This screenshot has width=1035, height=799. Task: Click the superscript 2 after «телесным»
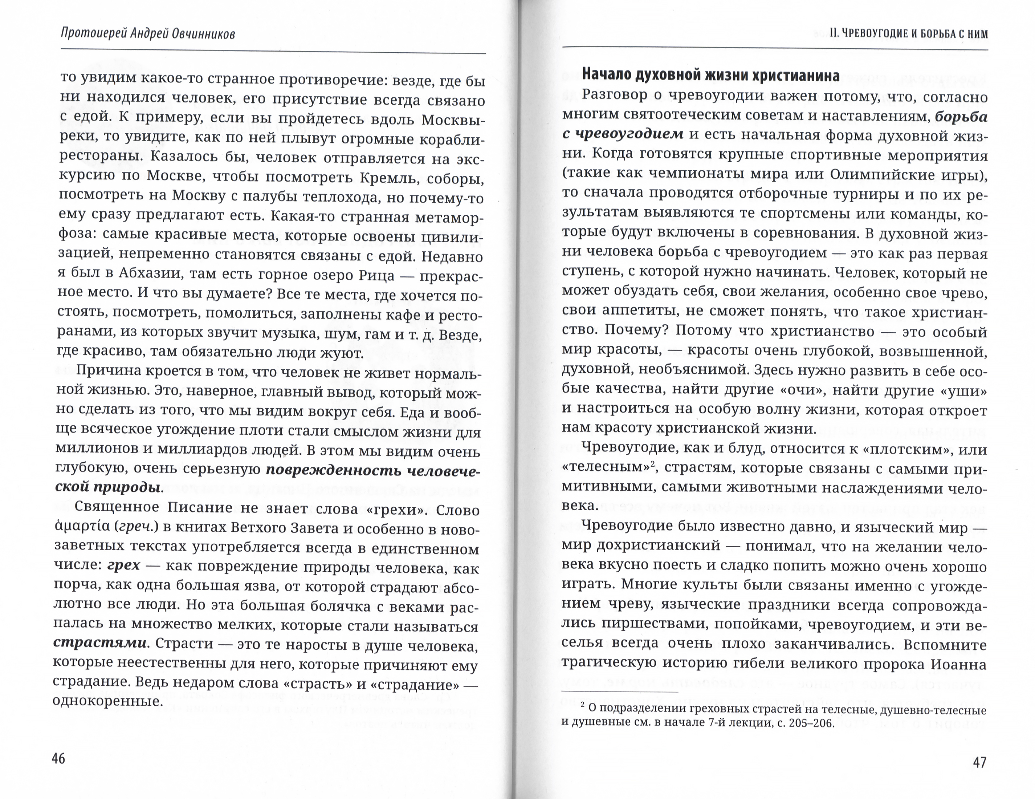[652, 465]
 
